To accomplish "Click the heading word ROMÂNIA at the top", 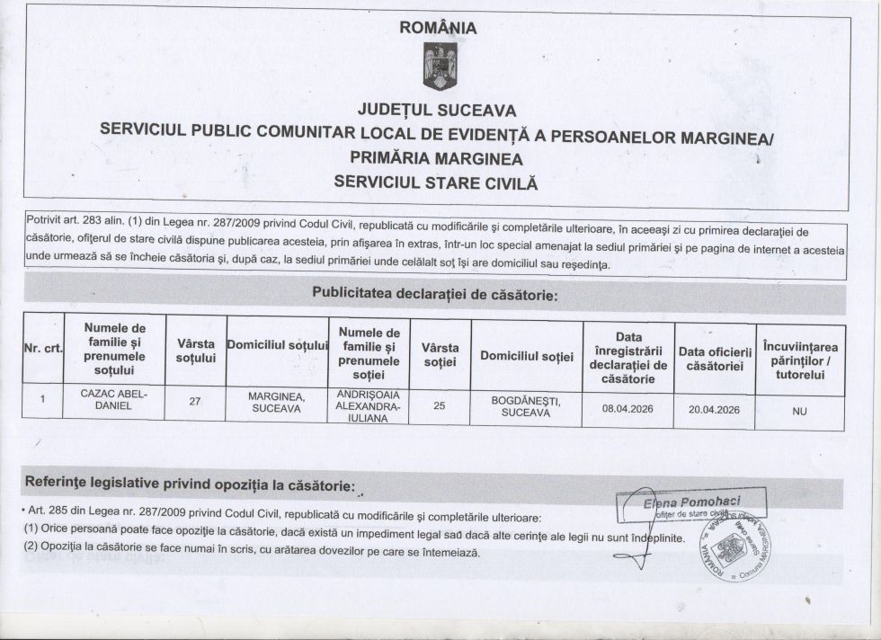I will coord(439,28).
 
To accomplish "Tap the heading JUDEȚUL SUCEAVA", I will coord(438,111).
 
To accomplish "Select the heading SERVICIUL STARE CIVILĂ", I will coord(435,181).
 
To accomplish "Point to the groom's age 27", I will coord(194,403).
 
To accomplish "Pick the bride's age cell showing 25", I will coord(440,405).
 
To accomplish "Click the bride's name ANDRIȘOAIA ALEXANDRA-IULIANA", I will coord(369,406).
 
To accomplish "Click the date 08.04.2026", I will coord(627,408).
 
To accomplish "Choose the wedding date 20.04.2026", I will coord(714,409).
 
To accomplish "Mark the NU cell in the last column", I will coord(800,411).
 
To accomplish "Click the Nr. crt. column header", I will coord(43,349).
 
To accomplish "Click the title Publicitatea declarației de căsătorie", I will coord(435,293).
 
